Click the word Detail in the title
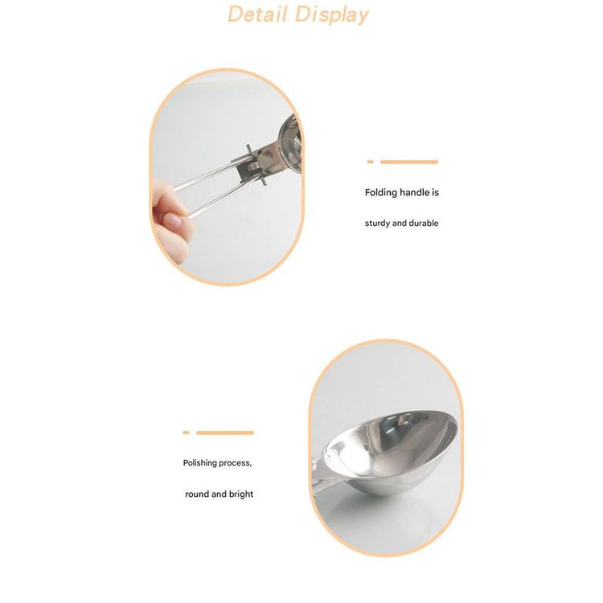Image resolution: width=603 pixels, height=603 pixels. pyautogui.click(x=257, y=14)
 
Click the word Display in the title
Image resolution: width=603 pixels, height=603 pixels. pyautogui.click(x=332, y=16)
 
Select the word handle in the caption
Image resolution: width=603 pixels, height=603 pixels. pyautogui.click(x=414, y=192)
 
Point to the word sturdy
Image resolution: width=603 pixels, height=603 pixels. pyautogui.click(x=377, y=224)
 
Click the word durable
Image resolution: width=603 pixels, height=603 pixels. pyautogui.click(x=424, y=223)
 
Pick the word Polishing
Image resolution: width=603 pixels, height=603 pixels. pyautogui.click(x=200, y=463)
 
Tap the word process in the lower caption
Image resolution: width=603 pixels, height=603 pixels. pyautogui.click(x=236, y=463)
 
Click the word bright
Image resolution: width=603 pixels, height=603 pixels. pyautogui.click(x=240, y=494)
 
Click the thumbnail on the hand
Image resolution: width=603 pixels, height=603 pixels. pyautogui.click(x=174, y=221)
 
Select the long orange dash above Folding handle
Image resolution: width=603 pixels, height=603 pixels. pyautogui.click(x=409, y=162)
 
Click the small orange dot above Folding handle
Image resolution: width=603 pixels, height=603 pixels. pyautogui.click(x=370, y=162)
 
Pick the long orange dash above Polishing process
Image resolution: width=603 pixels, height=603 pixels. pyautogui.click(x=225, y=433)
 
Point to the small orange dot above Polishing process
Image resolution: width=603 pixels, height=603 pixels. pyautogui.click(x=187, y=433)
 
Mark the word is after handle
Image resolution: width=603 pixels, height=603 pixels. pyautogui.click(x=435, y=192)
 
